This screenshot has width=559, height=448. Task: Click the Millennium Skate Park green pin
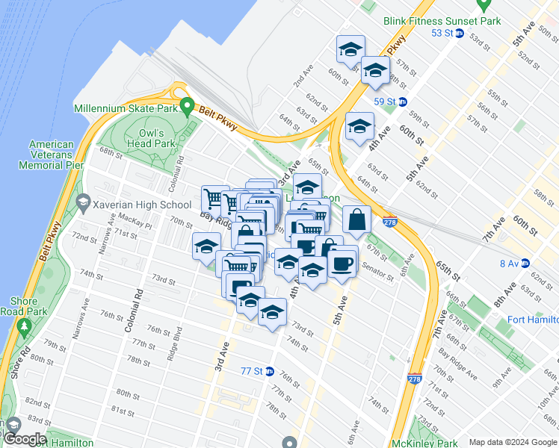click(188, 108)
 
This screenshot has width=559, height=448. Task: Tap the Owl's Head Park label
click(157, 138)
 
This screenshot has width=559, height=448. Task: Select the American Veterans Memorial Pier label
click(52, 154)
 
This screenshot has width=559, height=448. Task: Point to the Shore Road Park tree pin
click(23, 326)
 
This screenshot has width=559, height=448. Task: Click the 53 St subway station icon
click(460, 33)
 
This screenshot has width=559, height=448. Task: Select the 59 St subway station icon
click(403, 102)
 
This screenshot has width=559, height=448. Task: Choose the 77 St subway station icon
click(270, 371)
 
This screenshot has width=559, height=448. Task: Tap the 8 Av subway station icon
click(525, 263)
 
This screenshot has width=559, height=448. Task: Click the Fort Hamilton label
click(532, 320)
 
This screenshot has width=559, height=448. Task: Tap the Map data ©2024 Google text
click(512, 442)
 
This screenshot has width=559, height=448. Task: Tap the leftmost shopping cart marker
click(214, 199)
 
